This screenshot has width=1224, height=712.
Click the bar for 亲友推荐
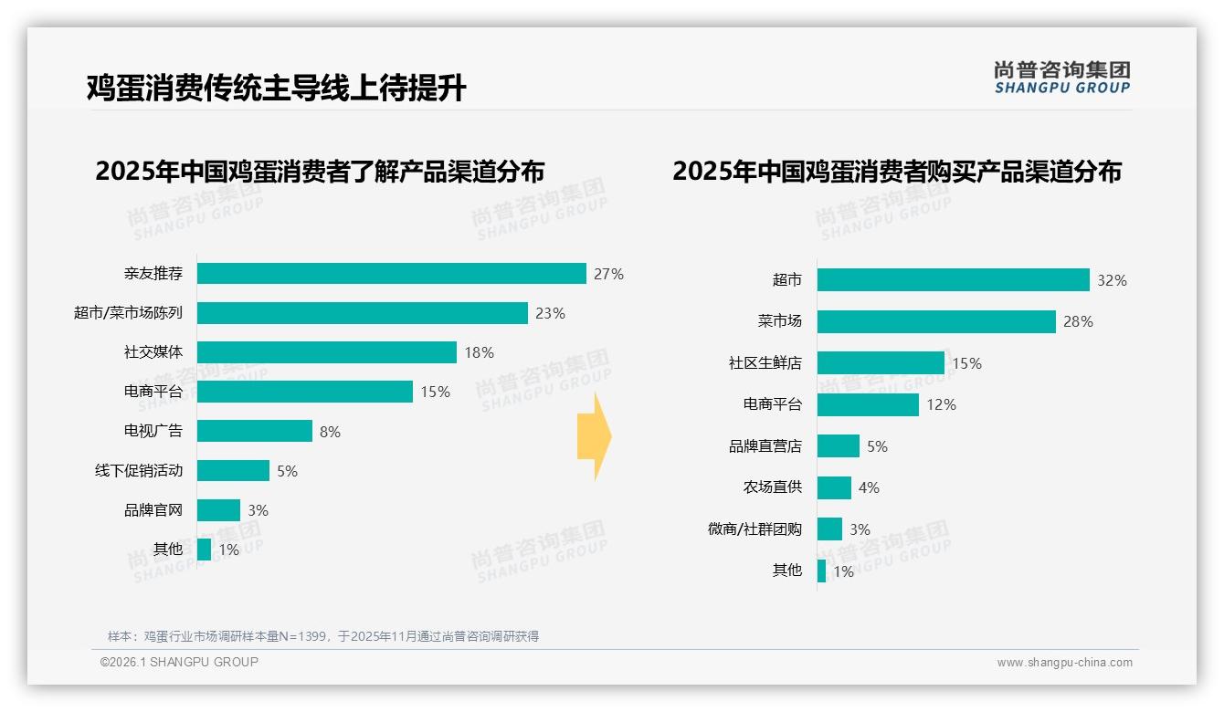391,274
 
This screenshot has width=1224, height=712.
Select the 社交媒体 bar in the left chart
326,352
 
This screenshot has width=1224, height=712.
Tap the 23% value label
550,313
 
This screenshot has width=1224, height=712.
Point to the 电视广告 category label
153,431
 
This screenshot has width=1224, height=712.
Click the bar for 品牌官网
218,510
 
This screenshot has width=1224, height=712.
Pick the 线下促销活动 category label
139,471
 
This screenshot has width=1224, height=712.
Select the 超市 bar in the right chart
953,280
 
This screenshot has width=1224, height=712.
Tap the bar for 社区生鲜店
881,363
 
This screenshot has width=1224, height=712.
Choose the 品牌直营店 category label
765,446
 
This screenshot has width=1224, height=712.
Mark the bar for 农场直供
834,487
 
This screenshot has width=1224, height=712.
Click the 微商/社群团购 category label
754,529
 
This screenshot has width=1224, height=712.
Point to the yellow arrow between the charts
594,437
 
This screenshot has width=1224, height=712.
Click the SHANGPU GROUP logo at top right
1061,78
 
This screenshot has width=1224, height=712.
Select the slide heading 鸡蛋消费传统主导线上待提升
276,88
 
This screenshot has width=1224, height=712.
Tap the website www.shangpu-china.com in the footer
1064,663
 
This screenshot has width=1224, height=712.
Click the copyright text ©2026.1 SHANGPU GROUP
179,662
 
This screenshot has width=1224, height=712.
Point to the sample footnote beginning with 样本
323,636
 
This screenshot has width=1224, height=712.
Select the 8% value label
330,432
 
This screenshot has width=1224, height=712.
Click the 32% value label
1112,280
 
